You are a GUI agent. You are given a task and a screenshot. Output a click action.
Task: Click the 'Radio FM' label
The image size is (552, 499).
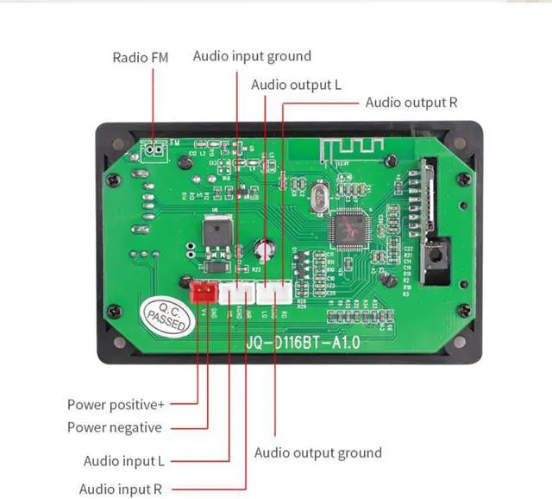pos(141,58)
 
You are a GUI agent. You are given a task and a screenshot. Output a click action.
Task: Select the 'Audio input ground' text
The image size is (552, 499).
pos(252,56)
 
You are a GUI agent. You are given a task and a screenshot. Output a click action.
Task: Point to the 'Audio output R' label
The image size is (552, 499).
pos(411,102)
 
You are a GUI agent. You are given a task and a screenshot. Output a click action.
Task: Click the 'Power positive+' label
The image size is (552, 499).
pos(117,404)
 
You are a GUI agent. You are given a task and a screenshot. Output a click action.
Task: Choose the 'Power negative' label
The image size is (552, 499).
pos(115,427)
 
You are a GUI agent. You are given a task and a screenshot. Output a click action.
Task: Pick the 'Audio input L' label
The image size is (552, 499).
pos(124,462)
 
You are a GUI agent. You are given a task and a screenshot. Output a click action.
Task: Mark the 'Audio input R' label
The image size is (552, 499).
pos(122,488)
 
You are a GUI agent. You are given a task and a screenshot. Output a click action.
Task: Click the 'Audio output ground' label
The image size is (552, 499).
pos(318,452)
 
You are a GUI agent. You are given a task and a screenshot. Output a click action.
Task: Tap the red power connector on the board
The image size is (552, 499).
pos(204,293)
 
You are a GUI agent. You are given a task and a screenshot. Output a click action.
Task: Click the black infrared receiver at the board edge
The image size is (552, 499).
pos(436,258)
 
